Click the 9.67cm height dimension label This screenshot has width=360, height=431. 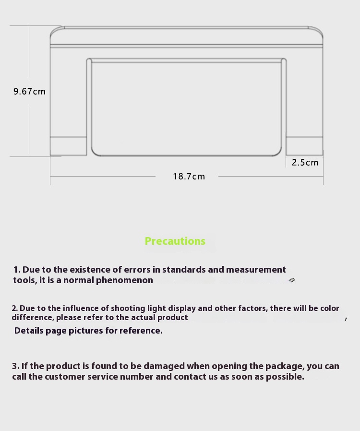point(29,91)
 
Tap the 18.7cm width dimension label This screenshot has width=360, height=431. point(189,176)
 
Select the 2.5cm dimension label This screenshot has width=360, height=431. point(305,162)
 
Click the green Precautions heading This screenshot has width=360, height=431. point(175,241)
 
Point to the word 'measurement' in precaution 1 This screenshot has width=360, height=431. point(256,270)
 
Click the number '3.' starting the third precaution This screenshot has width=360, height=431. point(16,366)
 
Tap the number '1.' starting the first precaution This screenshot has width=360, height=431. point(17,270)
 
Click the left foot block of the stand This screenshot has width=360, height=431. point(69,146)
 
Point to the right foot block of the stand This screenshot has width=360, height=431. point(304,146)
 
